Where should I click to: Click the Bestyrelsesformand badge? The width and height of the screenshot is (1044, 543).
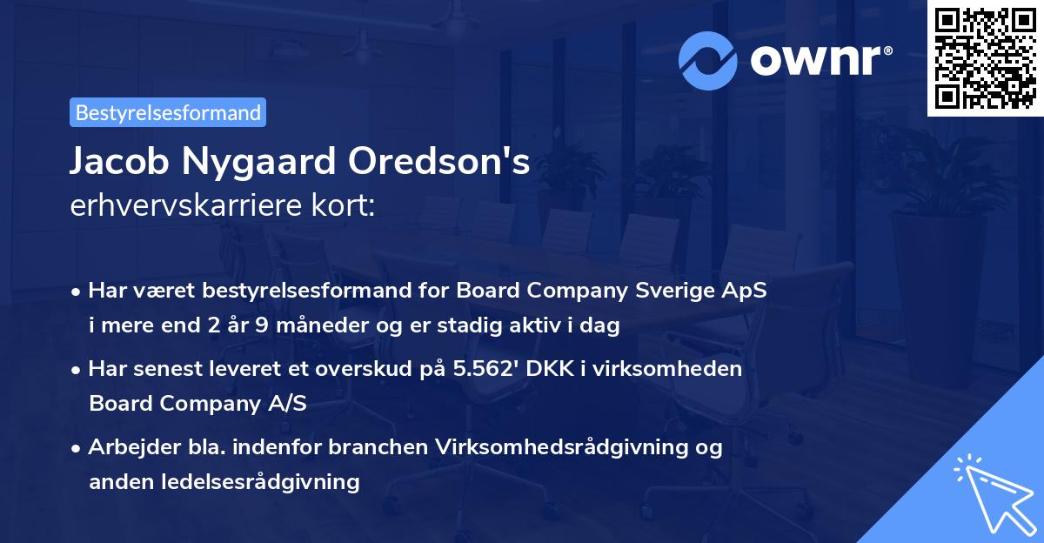pyautogui.click(x=168, y=112)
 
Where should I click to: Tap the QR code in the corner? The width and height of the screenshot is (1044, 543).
pyautogui.click(x=984, y=57)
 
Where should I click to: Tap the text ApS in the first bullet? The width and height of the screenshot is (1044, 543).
pyautogui.click(x=746, y=291)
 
